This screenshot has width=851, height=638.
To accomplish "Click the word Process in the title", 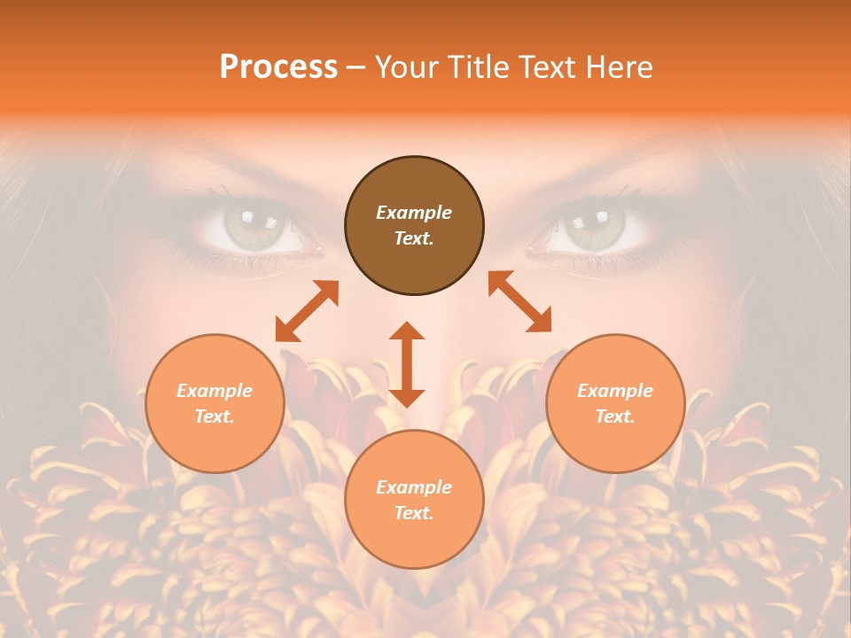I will click(x=278, y=67).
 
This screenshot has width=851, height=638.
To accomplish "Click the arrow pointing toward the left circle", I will click(x=307, y=311).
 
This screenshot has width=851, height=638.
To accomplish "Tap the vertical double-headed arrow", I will click(x=407, y=364).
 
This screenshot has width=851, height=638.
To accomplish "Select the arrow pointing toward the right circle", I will click(x=520, y=301).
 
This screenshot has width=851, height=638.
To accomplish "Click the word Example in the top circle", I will click(x=414, y=213).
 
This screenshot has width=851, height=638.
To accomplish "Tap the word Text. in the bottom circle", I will click(x=414, y=513).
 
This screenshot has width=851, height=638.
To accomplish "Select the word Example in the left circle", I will click(x=215, y=391).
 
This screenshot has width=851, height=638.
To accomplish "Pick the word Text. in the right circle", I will click(x=615, y=416).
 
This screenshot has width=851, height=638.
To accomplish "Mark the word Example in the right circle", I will click(x=615, y=391).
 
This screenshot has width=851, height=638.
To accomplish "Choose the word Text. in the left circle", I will click(x=215, y=416).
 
